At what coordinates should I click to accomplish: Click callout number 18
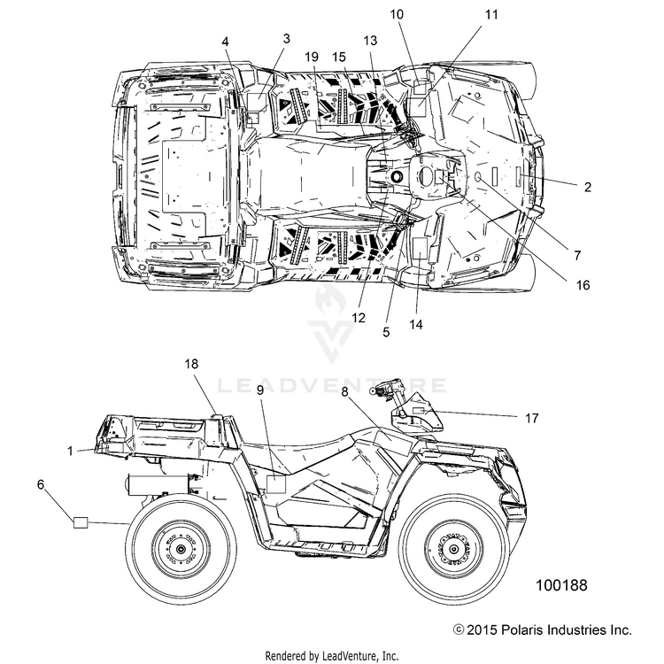click(191, 364)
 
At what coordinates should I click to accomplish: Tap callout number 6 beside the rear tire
click(41, 484)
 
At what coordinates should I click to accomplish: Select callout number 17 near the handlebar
click(531, 419)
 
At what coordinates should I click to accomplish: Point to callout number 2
click(587, 187)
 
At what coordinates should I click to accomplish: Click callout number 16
click(583, 285)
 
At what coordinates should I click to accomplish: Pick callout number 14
click(416, 324)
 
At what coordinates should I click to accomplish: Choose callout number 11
click(491, 14)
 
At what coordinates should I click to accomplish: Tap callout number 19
click(312, 57)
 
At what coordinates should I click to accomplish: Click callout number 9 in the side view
click(260, 390)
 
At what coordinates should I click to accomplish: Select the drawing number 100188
click(561, 585)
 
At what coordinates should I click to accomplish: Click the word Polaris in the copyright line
click(521, 629)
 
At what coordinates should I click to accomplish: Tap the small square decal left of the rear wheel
click(81, 522)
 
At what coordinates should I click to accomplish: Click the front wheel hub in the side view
click(453, 550)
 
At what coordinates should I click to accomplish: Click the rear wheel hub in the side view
click(181, 550)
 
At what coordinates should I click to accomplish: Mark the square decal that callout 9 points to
click(276, 484)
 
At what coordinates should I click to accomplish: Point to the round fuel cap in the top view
click(398, 176)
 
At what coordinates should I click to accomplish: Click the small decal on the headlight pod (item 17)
click(419, 411)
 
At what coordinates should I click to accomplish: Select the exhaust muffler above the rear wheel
click(158, 484)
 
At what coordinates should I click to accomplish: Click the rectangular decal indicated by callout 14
click(420, 249)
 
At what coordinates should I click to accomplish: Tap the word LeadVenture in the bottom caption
click(350, 656)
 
